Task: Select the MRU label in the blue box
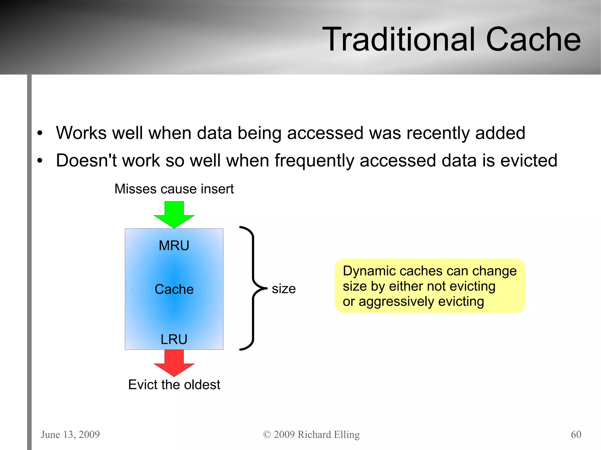pyautogui.click(x=174, y=246)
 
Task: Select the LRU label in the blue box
pyautogui.click(x=174, y=339)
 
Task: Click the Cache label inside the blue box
pyautogui.click(x=174, y=289)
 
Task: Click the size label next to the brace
pyautogui.click(x=283, y=289)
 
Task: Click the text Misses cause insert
pyautogui.click(x=174, y=189)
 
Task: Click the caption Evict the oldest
pyautogui.click(x=174, y=385)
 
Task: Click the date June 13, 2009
pyautogui.click(x=70, y=434)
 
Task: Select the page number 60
pyautogui.click(x=576, y=434)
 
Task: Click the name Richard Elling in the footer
pyautogui.click(x=328, y=434)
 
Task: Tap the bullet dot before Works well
pyautogui.click(x=40, y=133)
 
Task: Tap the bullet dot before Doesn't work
pyautogui.click(x=40, y=161)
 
